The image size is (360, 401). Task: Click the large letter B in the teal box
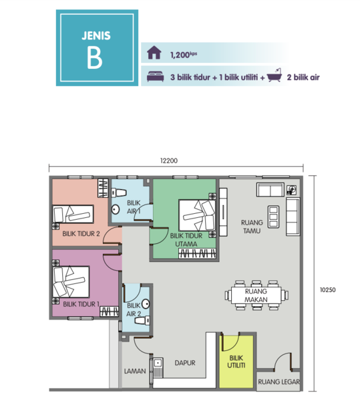click(95, 57)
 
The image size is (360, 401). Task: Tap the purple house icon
click(154, 52)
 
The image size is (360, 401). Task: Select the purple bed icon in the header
click(156, 76)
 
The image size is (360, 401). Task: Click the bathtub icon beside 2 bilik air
click(275, 75)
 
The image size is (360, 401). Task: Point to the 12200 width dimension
click(169, 160)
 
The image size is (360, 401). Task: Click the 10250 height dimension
click(328, 290)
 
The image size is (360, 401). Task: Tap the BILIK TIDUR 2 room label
click(81, 233)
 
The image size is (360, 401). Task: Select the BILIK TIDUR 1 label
click(81, 304)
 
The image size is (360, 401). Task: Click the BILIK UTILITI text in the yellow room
click(236, 362)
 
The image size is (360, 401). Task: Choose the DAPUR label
click(185, 363)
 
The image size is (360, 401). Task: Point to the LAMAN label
click(135, 371)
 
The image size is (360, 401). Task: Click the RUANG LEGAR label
click(279, 382)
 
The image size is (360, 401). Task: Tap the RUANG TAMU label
click(252, 227)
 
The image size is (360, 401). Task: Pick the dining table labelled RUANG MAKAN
click(256, 295)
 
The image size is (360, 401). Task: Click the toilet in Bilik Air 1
click(119, 192)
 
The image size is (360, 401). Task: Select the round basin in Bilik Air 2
click(146, 304)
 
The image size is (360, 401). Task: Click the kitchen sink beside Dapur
click(158, 368)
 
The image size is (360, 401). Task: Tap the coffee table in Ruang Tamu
click(273, 217)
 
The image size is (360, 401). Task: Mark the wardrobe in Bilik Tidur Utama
click(197, 253)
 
